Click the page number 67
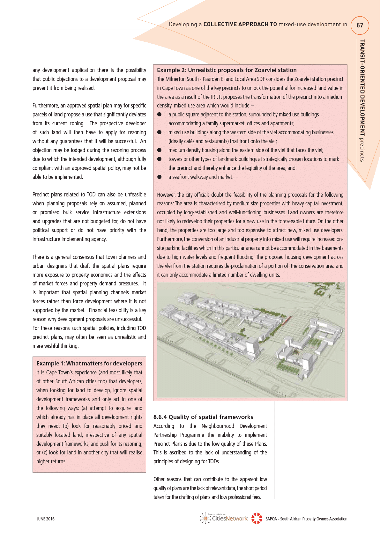360,26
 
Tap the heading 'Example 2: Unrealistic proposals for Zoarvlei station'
227,70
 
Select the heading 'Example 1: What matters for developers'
89,363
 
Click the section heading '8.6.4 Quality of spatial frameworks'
203,417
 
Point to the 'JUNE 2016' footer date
46,519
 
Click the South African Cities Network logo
224,518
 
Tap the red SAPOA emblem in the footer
257,519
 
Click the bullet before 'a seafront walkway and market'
159,177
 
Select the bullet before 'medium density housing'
159,150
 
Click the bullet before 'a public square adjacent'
159,114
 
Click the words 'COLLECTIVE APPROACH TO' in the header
240,24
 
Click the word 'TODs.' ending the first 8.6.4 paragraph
213,461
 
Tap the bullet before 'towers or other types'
159,159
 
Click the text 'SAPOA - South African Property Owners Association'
306,519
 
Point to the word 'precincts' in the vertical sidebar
362,150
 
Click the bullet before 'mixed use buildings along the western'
159,132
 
